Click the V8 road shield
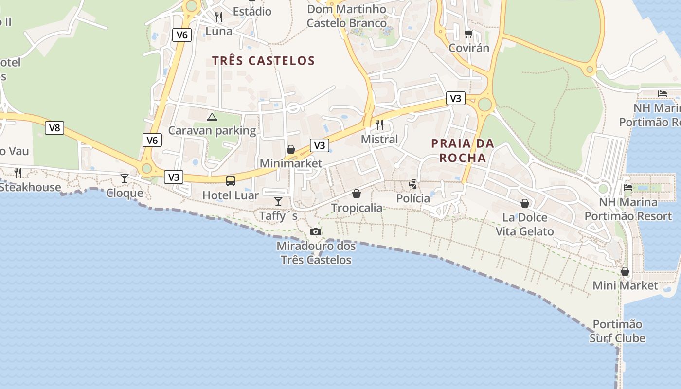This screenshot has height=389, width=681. (54, 128)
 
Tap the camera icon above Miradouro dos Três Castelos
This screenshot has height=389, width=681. (316, 231)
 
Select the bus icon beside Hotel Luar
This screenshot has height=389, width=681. (231, 181)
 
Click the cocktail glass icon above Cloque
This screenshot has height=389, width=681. (125, 178)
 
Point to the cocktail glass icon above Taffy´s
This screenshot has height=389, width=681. (278, 201)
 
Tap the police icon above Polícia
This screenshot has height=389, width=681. (413, 184)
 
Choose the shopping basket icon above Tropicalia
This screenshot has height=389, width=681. (357, 194)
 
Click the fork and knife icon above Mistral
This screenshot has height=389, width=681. (379, 125)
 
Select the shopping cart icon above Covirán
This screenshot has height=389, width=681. (469, 34)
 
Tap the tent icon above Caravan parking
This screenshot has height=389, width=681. (212, 117)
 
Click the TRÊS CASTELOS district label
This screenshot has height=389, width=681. (264, 61)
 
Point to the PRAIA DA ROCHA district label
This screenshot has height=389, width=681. (463, 150)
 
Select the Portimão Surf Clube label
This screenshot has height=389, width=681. (617, 331)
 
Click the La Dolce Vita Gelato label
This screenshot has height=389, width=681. (525, 224)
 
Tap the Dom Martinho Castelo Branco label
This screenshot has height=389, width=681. (347, 16)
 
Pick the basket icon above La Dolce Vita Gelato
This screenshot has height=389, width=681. (525, 203)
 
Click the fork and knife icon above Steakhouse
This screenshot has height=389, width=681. (18, 173)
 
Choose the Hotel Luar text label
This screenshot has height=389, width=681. (231, 195)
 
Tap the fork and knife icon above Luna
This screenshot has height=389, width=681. (219, 17)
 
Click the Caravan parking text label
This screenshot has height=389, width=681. (212, 130)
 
